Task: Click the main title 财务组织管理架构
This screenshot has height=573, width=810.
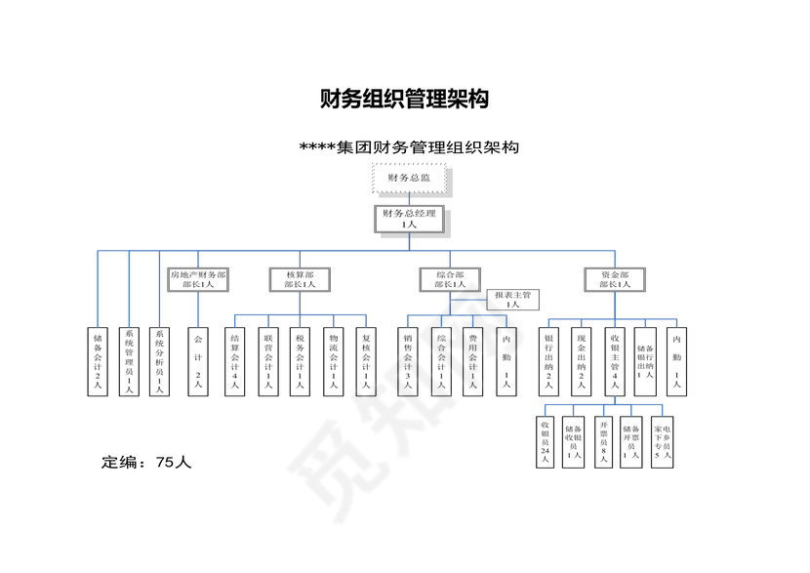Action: [404, 99]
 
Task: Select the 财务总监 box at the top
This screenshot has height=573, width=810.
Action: [409, 178]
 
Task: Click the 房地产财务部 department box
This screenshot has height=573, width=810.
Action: [198, 279]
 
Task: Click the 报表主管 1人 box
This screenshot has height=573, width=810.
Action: [513, 299]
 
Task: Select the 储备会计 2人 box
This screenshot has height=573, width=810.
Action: [98, 361]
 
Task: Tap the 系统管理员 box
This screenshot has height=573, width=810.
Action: [128, 361]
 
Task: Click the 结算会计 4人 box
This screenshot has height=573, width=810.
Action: [234, 361]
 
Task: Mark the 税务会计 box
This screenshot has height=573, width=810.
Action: [300, 361]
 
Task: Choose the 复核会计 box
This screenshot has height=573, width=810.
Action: [365, 361]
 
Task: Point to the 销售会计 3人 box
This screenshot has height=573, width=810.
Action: [408, 361]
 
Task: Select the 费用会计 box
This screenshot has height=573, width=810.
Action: [472, 361]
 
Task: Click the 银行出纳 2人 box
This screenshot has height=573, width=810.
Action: [548, 361]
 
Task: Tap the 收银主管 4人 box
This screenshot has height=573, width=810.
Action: [614, 361]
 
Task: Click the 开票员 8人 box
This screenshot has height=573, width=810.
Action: [603, 442]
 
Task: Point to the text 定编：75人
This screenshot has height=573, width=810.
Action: [147, 462]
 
